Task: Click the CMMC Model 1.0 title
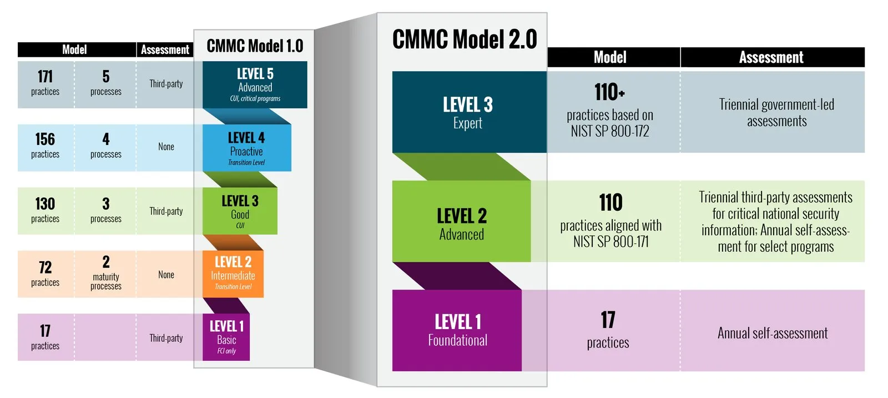255,46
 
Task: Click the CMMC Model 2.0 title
465,39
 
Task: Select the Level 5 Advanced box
255,84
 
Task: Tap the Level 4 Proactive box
247,148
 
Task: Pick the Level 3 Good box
240,211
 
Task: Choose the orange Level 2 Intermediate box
233,274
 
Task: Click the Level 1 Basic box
226,337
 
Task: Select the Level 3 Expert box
470,112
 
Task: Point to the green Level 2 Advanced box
462,221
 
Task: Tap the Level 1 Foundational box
457,330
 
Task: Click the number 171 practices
45,76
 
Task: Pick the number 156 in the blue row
45,139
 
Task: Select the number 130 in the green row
45,203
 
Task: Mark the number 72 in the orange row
45,267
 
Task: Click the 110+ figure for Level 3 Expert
609,92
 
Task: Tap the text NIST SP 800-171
611,242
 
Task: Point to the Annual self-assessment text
773,333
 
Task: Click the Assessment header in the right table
771,57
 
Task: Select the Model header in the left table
74,49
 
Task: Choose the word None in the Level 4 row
166,147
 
